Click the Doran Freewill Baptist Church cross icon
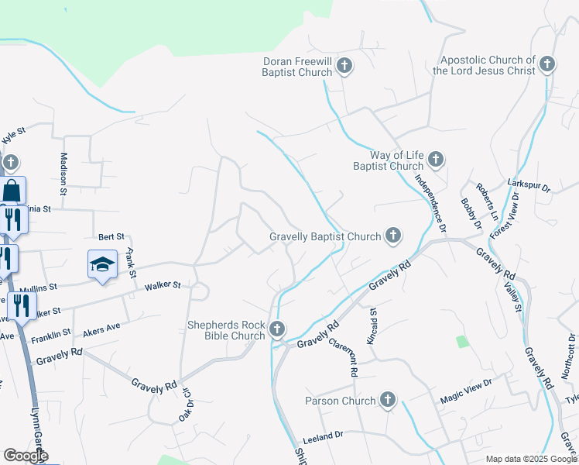[x=344, y=67]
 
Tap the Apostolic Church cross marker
[x=547, y=64]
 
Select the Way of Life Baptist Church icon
[x=435, y=160]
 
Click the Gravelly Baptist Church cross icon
[x=393, y=236]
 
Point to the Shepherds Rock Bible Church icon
[x=276, y=330]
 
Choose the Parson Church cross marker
[x=387, y=401]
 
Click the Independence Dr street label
[x=430, y=203]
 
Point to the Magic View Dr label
[x=466, y=393]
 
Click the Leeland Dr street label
[x=323, y=437]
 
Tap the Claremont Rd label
[x=342, y=356]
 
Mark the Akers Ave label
[x=101, y=328]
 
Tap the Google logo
[x=26, y=456]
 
